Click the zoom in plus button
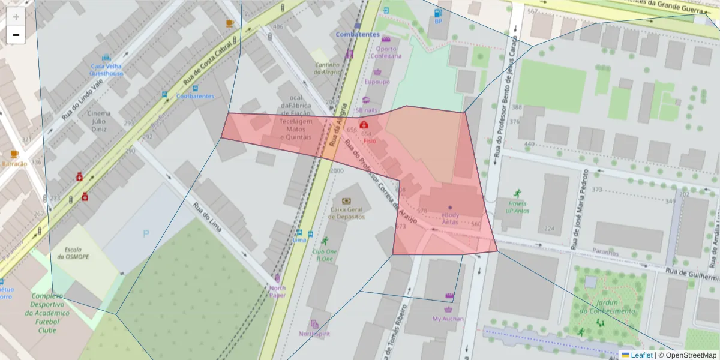pos(16,17)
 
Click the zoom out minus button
pos(16,35)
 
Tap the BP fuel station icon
pos(439,12)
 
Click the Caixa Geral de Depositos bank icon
pos(346,201)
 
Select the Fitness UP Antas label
pos(516,208)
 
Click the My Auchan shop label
pos(448,319)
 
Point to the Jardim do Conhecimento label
pos(607,307)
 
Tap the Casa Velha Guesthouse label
pos(106,70)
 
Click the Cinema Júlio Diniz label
pos(99,120)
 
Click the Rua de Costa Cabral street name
pos(211,59)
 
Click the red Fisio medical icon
pos(364,125)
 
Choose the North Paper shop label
pos(277,291)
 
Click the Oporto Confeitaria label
pos(385,52)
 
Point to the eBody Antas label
pos(450,218)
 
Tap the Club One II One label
pos(324,255)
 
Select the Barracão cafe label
pos(14,163)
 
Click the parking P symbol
pos(146,233)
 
